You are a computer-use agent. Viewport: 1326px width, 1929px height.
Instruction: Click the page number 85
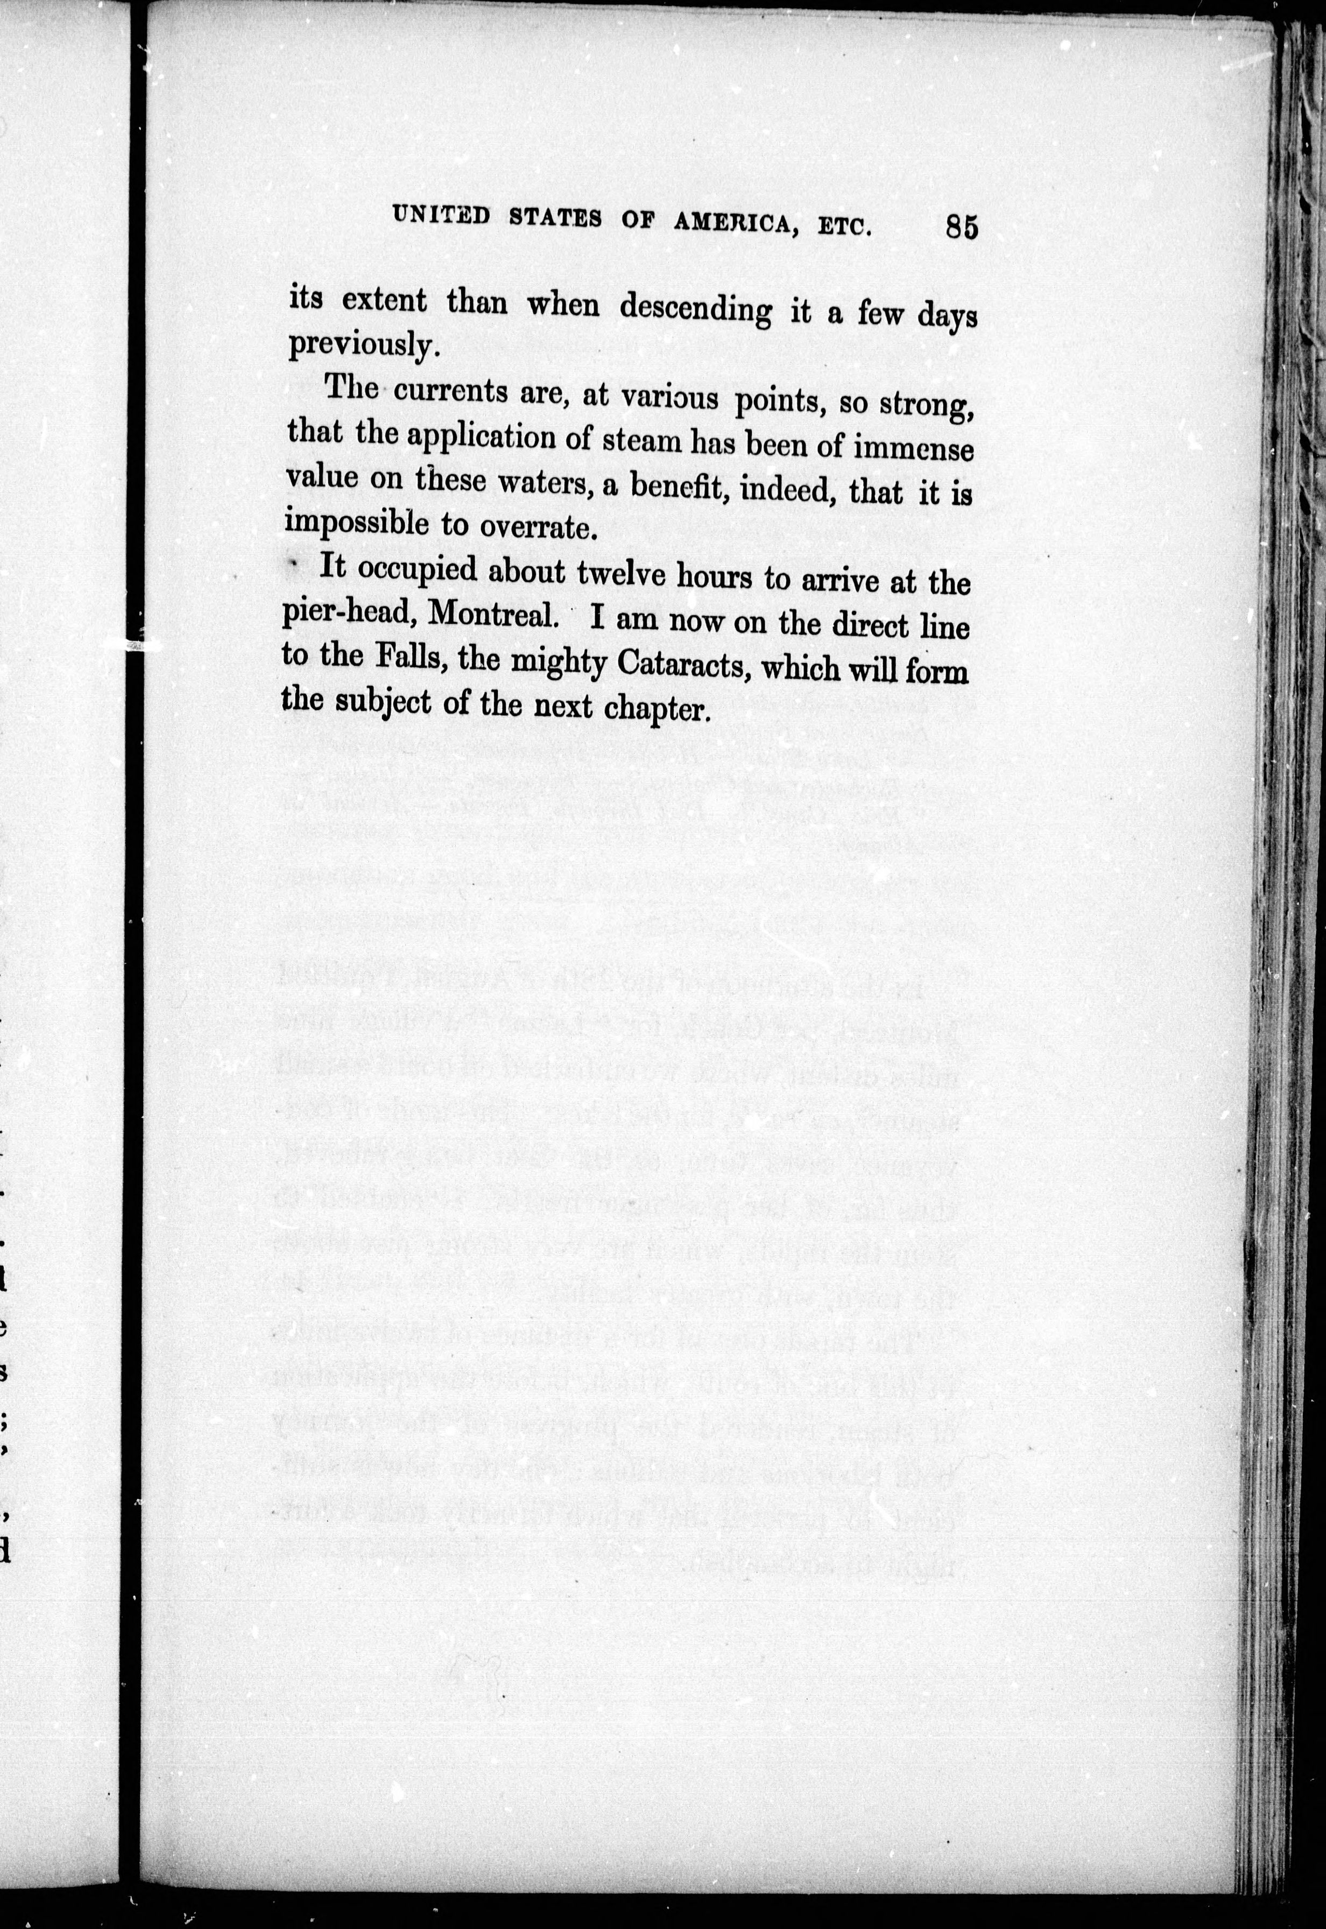(961, 226)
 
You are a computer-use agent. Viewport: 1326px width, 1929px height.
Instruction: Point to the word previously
(362, 345)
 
